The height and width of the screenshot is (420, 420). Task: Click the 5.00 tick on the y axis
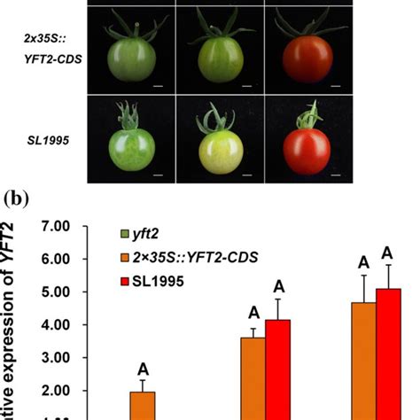coord(55,292)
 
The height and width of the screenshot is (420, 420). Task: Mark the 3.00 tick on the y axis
coord(55,358)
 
